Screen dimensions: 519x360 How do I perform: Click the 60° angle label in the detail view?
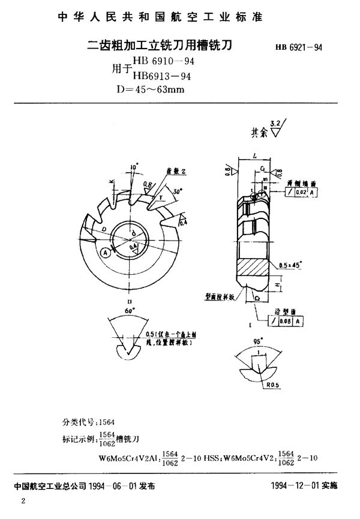point(130,311)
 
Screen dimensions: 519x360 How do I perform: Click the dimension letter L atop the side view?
point(255,155)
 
